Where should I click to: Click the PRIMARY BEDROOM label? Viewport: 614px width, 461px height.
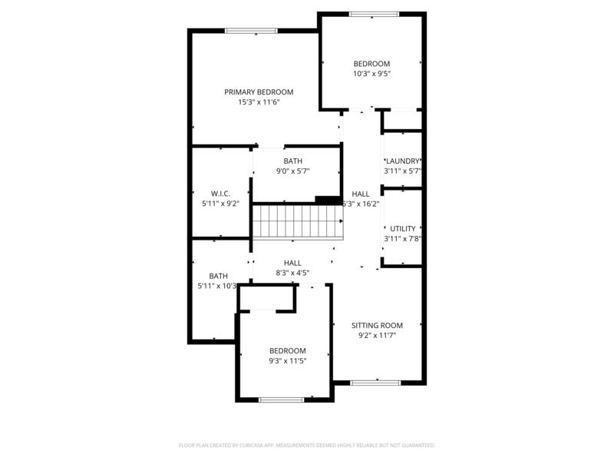coord(259,92)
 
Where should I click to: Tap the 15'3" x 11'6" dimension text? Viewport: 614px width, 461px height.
coord(259,102)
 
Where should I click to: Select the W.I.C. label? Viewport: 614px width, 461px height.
coord(220,194)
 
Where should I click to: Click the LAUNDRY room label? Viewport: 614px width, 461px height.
coord(403,161)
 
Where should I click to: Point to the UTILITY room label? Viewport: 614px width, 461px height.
coord(403,228)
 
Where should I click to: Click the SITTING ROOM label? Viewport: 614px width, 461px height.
coord(377,325)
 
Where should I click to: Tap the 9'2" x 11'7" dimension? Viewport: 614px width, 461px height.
coord(377,335)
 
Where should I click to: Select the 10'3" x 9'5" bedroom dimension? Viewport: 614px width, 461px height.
coord(371,74)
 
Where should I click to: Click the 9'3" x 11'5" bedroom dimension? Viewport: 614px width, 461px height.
coord(288,360)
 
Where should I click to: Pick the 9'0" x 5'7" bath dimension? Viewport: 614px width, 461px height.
coord(292,171)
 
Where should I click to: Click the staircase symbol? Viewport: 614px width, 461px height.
coord(297,222)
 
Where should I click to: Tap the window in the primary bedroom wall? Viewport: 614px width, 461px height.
coord(251,31)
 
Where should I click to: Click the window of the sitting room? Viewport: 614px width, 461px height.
coord(375,382)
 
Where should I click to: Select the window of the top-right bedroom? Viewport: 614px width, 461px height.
coord(374,14)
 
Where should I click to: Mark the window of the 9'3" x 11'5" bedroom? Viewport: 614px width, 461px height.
coord(281,400)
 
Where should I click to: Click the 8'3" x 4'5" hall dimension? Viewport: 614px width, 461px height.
coord(292,272)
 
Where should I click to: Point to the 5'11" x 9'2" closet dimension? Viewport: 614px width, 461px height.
coord(220,204)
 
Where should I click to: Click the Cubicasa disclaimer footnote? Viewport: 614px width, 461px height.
coord(307,445)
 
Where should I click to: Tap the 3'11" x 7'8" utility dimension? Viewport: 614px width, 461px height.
coord(403,238)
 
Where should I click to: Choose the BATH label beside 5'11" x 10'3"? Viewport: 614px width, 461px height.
coord(219,276)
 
